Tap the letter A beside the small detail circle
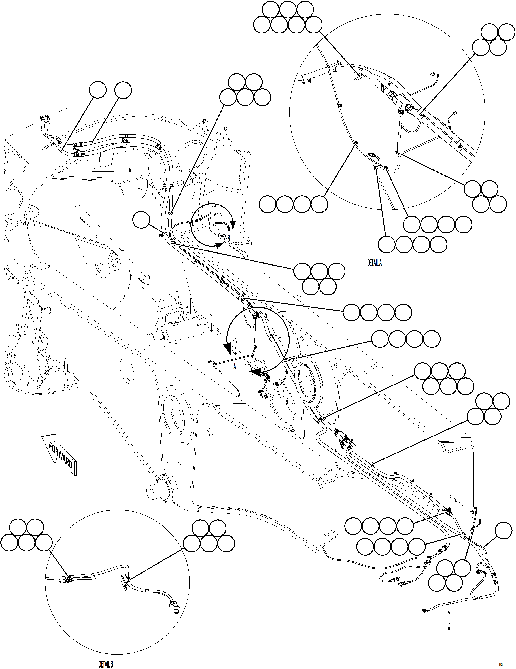click(x=235, y=366)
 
